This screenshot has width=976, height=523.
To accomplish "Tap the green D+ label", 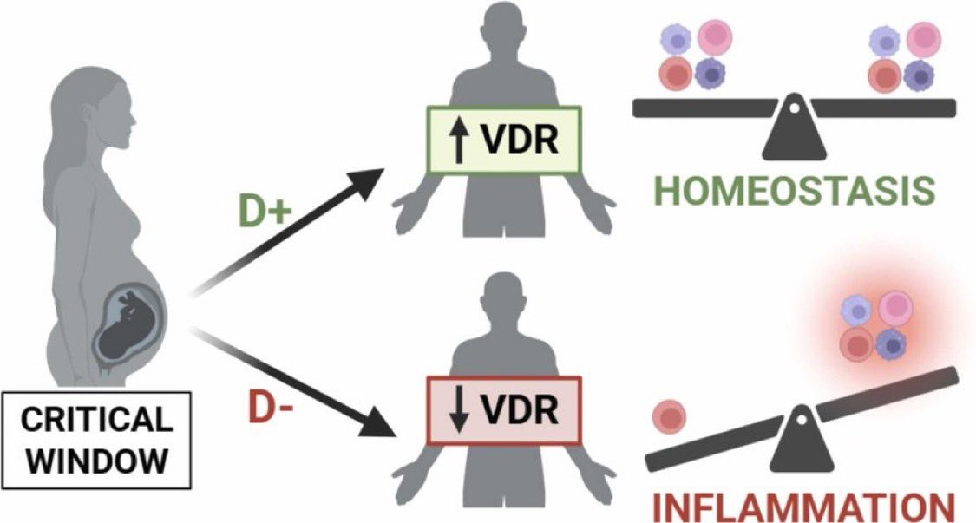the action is point(265,213).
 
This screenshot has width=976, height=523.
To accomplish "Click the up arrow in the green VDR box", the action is point(459,141).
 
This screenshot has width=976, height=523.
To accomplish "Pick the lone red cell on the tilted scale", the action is point(668,415).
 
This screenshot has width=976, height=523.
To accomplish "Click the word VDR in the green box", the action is point(518,141).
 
